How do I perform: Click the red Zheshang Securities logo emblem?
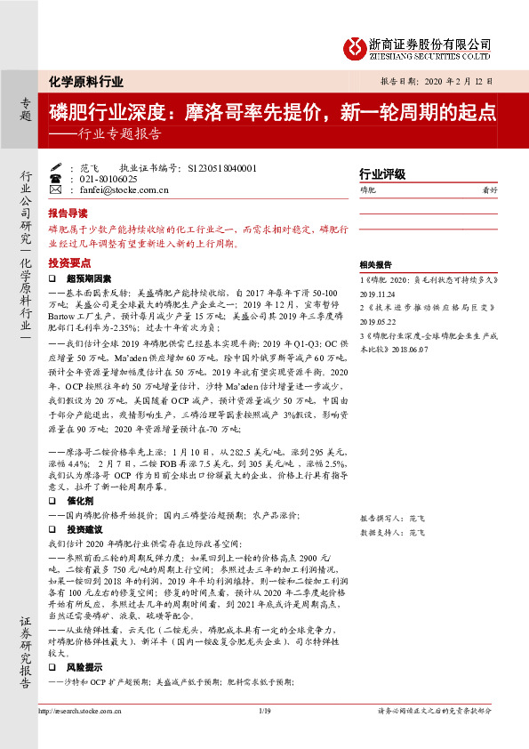(354, 47)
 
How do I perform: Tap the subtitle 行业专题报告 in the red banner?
(113, 135)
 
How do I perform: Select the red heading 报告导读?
(68, 214)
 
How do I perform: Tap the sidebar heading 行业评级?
(381, 174)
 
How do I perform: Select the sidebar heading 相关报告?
(374, 265)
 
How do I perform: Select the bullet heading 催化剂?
(79, 502)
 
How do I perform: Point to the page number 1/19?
(263, 711)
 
